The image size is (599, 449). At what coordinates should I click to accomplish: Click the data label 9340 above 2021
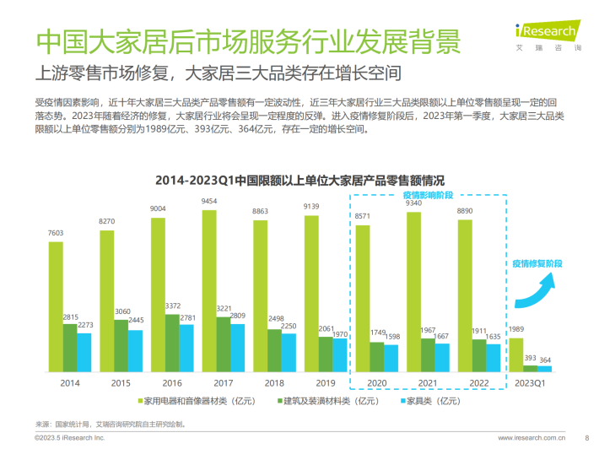tap(414, 203)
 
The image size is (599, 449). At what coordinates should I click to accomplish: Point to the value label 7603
tap(56, 234)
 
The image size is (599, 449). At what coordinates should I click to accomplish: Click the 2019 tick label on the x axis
tap(311, 381)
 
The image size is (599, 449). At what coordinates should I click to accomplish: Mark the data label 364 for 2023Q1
tap(544, 359)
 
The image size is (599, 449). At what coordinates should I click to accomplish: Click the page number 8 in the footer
tap(586, 438)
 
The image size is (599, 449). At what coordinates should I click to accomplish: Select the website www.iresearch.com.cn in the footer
tap(532, 438)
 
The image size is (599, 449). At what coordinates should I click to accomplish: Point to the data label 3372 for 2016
tap(171, 306)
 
